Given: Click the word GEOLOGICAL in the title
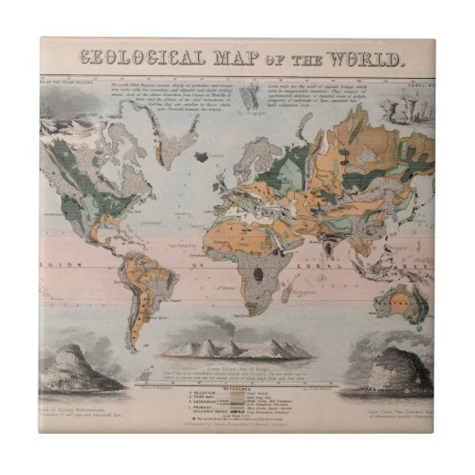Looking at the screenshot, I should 143,59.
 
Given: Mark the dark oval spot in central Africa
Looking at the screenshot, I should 261,268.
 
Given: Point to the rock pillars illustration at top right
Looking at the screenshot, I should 401,108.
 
